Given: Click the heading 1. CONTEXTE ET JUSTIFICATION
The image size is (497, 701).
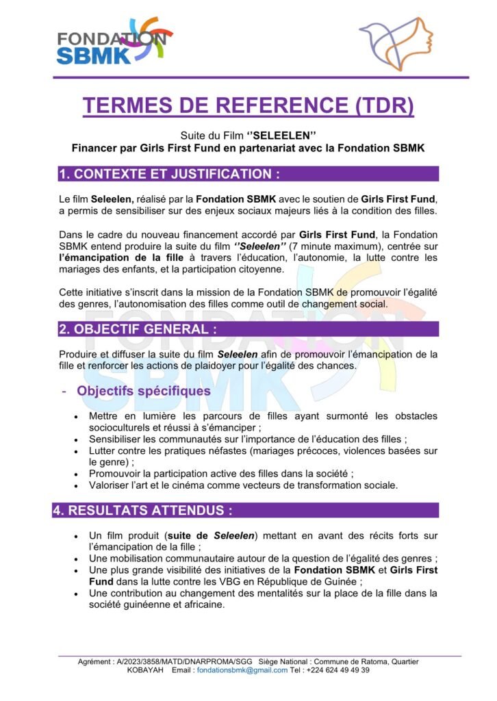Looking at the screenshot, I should click(169, 174).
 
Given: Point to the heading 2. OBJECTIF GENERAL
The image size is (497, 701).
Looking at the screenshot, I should click(138, 329).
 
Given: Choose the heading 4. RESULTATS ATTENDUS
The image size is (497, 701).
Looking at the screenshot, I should click(146, 511).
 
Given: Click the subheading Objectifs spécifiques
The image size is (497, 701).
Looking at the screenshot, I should click(144, 392).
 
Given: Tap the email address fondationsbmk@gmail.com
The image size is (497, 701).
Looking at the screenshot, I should click(242, 671).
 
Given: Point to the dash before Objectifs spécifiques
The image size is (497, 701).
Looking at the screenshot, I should click(64, 392).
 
